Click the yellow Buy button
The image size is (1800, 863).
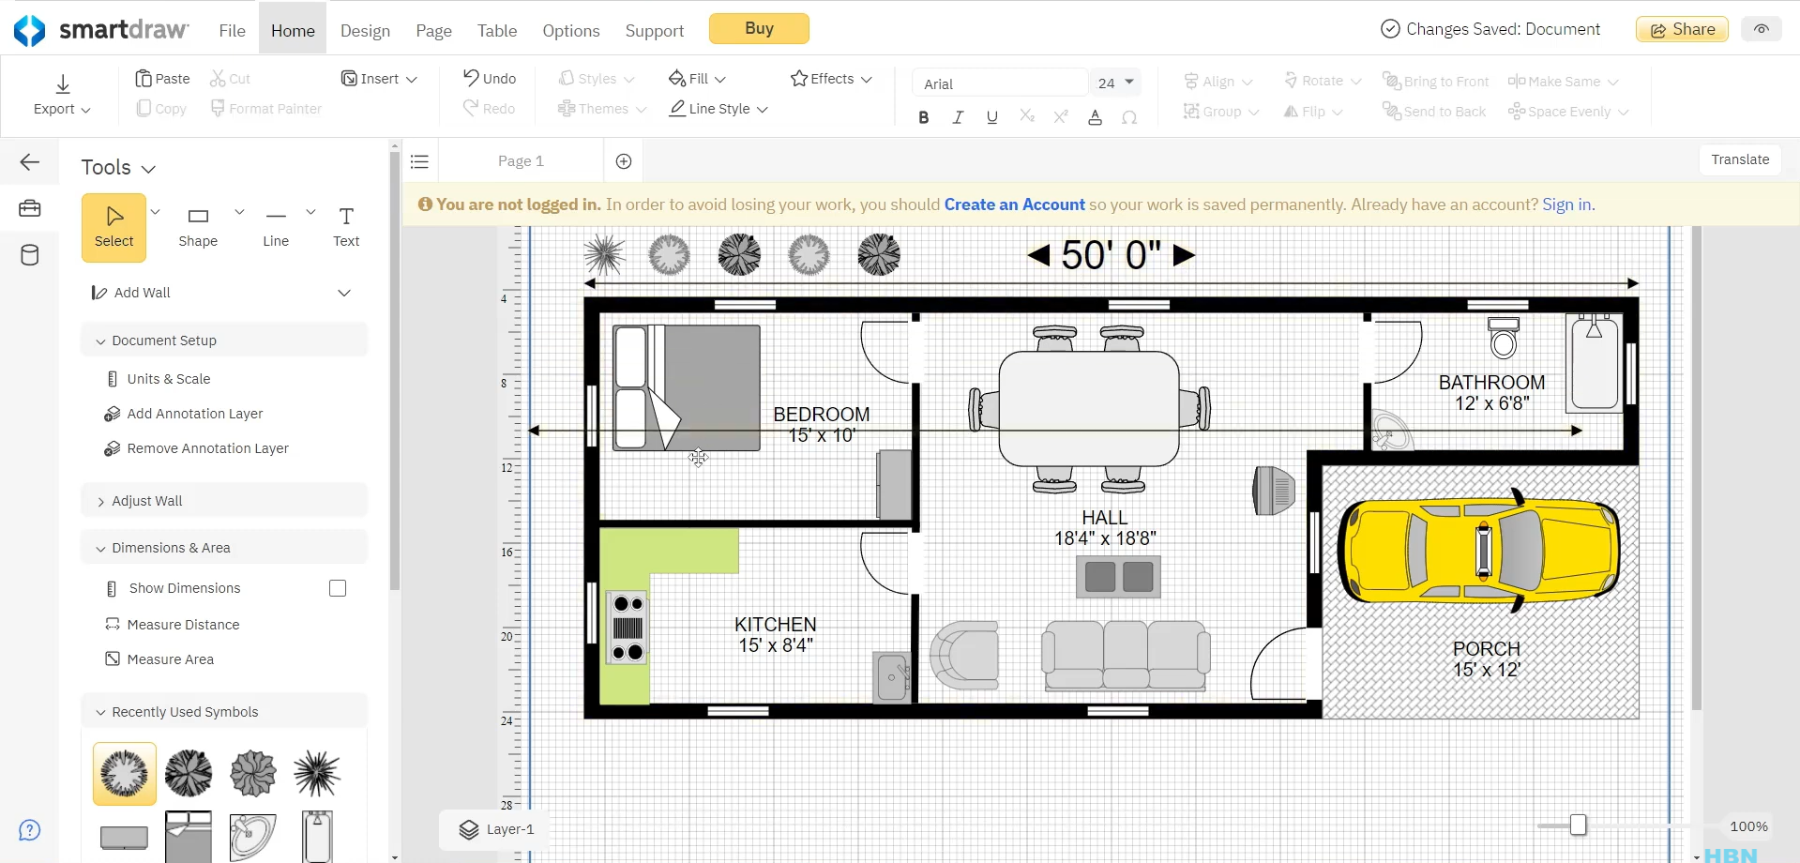pos(758,29)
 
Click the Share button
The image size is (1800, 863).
pos(1682,29)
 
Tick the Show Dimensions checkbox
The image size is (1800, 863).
pos(338,588)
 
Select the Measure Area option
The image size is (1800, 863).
pos(170,659)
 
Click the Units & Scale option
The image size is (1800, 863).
pos(168,379)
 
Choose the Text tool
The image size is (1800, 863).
pos(346,226)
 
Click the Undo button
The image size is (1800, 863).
pos(490,79)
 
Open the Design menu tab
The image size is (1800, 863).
pos(365,31)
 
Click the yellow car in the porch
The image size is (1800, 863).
pos(1479,550)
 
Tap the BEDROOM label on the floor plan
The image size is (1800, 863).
pos(821,415)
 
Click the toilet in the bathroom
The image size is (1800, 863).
pos(1503,339)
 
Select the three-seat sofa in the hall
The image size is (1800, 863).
pos(1125,656)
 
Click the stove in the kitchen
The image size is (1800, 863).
pos(628,628)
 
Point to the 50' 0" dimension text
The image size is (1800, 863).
pos(1111,255)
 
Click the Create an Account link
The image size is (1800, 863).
pos(1014,204)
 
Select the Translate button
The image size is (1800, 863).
pos(1739,159)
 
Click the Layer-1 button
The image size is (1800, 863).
pos(496,829)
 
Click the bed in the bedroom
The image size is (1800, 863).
pos(686,387)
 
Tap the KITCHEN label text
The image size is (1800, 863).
pos(775,625)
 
